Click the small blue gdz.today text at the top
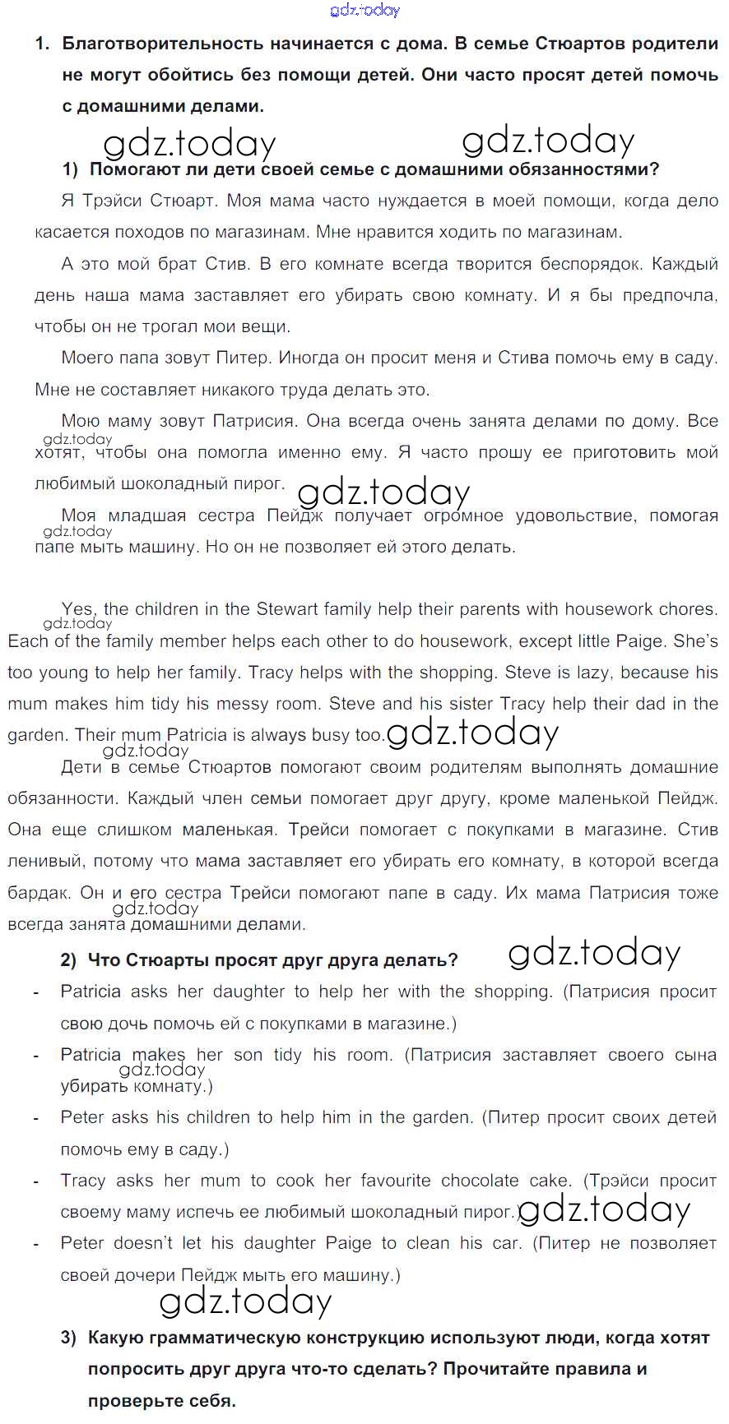(364, 10)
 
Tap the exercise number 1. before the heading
(43, 44)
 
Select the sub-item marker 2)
(69, 960)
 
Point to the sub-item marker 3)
(69, 1338)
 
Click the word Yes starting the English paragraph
(77, 609)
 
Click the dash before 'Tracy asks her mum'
(36, 1181)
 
